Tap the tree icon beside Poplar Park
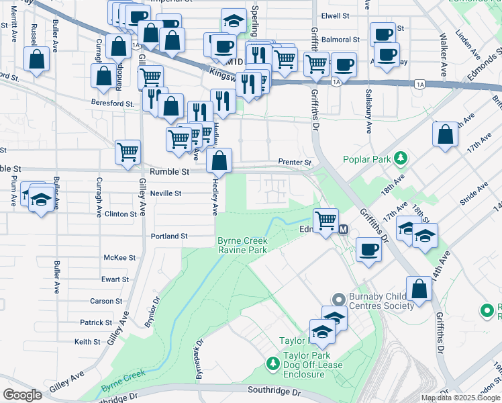pos(401,159)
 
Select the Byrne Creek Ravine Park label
pos(242,246)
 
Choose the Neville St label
pos(166,193)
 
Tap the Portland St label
pos(169,236)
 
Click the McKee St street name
pos(119,258)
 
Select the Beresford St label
pos(112,103)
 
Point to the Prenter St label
pos(295,163)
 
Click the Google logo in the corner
pos(22,395)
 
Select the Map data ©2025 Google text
pos(460,398)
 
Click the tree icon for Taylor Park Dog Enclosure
pos(273,363)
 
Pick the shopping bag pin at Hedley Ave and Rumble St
pos(219,161)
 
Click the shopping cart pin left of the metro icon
pos(325,219)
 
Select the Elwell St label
pos(336,15)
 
